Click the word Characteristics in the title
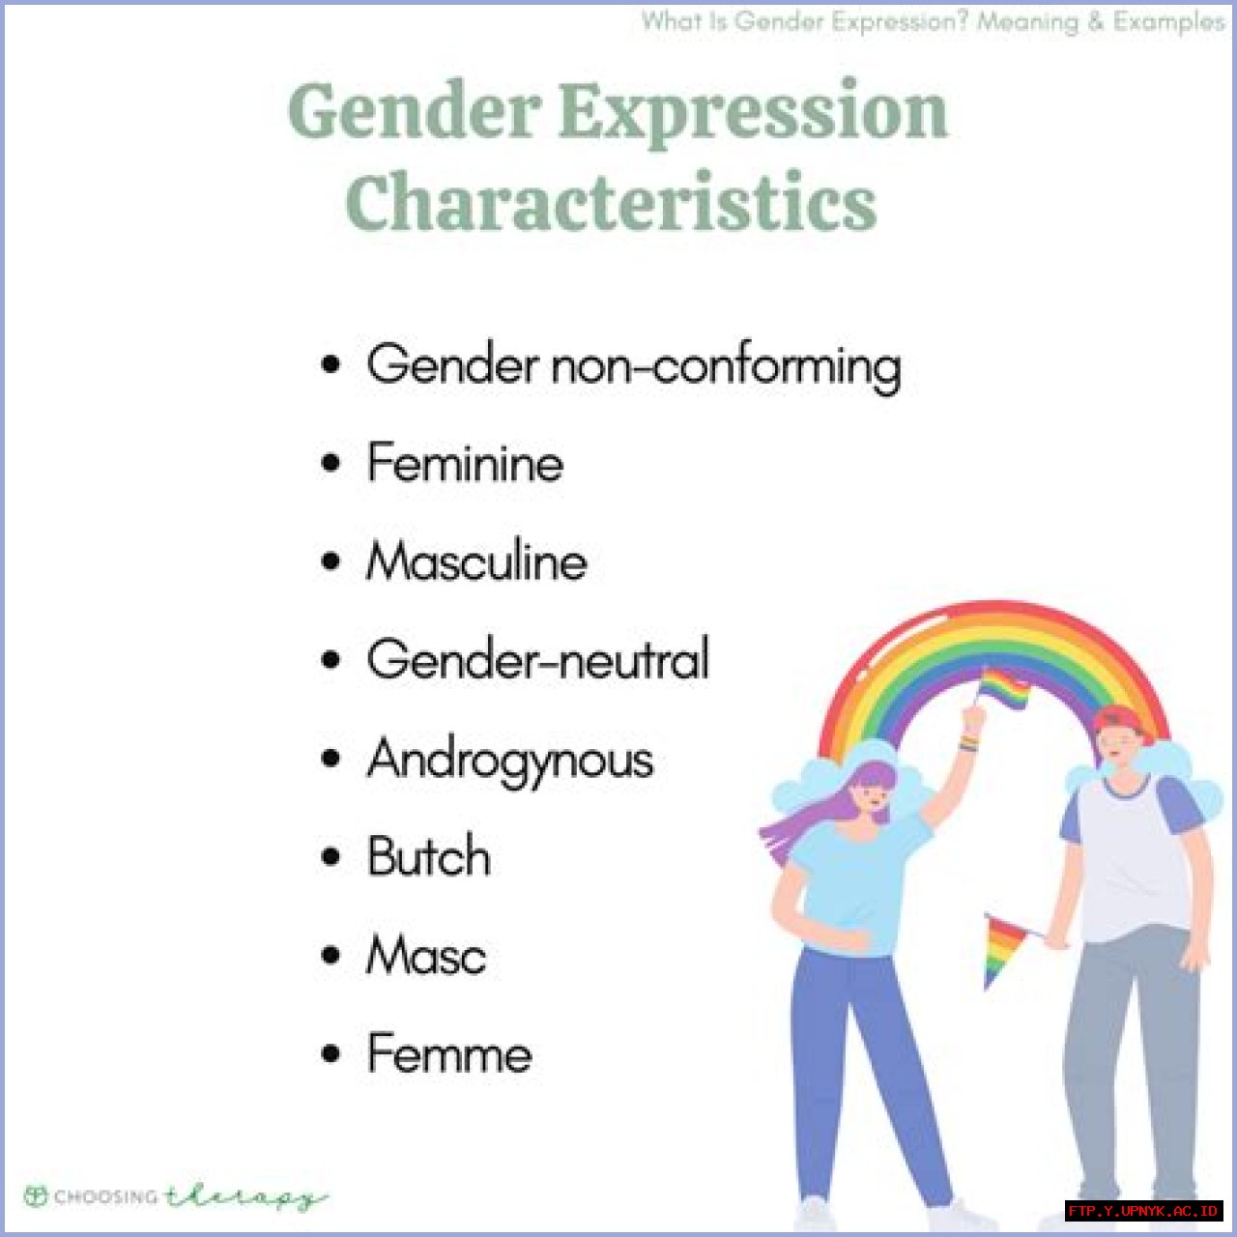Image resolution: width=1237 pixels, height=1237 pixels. pos(611,203)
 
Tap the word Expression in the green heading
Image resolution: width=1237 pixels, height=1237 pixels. pos(754,112)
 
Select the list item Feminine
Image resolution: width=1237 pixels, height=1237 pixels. pos(465,462)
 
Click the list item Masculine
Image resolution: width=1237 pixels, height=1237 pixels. pos(476,561)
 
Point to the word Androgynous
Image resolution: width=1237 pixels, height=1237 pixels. pos(510,760)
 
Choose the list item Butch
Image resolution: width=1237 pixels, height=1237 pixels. pos(428,857)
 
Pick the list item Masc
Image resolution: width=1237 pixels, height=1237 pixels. pos(426,956)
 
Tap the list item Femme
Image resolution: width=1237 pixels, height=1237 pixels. pos(449,1053)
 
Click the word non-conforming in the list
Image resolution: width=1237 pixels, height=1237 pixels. pos(726,366)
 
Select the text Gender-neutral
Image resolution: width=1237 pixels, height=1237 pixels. pos(538,660)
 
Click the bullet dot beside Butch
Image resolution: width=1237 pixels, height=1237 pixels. pos(331,857)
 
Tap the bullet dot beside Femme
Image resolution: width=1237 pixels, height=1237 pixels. pos(331,1053)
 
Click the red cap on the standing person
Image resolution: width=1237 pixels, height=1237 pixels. pos(1120,720)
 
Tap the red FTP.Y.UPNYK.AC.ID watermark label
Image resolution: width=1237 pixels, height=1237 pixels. pos(1143,1211)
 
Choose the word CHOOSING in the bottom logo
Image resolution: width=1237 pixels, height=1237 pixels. pos(105,1197)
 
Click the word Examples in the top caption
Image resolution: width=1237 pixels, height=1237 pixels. pos(1168,21)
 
